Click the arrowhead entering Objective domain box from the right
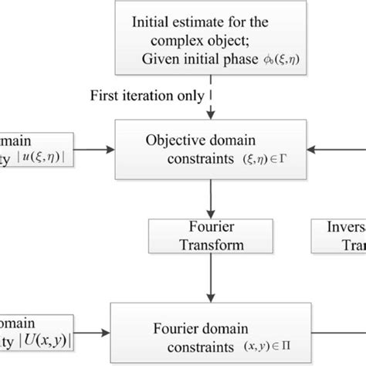pos(313,148)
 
